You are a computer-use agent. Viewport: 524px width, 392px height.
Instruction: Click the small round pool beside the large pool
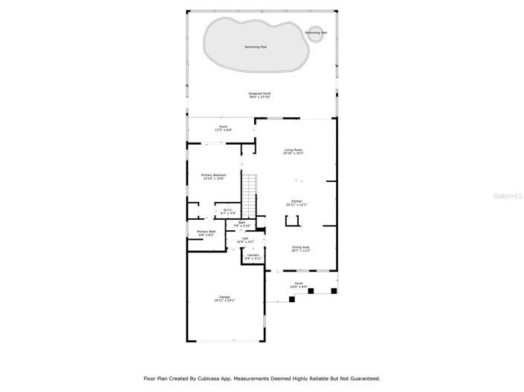pos(315,33)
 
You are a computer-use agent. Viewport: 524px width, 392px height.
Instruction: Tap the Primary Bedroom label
pos(213,177)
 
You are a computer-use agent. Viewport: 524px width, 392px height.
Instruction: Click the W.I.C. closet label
pos(229,211)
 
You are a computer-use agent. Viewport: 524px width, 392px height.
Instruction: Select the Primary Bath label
pos(207,233)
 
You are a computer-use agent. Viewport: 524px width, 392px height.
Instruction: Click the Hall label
pos(245,240)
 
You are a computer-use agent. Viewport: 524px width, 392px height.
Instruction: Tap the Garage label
pos(224,298)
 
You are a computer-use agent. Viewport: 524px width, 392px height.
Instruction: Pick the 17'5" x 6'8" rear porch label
pos(223,128)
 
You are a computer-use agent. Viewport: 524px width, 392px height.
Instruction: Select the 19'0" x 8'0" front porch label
pos(299,284)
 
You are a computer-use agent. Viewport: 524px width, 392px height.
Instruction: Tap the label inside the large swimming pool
pos(256,47)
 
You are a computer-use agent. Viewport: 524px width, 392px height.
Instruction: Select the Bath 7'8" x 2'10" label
pos(242,223)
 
